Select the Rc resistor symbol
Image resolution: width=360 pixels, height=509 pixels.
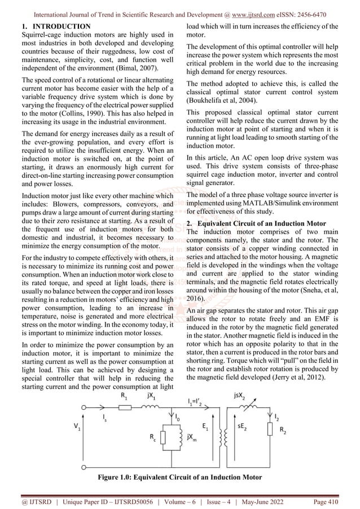click(163, 438)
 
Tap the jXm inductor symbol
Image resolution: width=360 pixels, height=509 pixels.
click(179, 438)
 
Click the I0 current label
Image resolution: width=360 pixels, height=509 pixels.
click(178, 418)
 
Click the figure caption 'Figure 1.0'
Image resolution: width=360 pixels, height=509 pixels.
click(180, 477)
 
